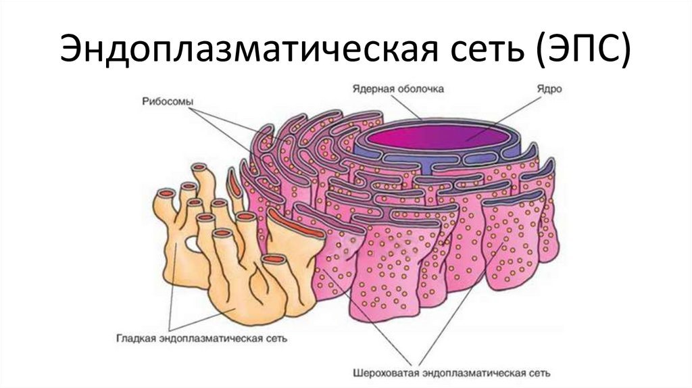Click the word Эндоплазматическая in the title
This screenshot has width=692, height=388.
(x=248, y=48)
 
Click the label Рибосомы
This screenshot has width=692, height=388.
(x=168, y=102)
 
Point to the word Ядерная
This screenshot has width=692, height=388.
(x=372, y=89)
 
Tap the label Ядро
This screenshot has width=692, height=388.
(x=549, y=89)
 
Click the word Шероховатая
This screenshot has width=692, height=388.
(x=386, y=373)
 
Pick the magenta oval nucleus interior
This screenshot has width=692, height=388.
(x=438, y=137)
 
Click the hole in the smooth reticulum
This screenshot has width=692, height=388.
(x=193, y=243)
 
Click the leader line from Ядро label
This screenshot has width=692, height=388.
(x=503, y=119)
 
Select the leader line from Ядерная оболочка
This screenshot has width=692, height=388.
(x=406, y=107)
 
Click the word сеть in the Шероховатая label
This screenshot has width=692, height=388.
(x=539, y=373)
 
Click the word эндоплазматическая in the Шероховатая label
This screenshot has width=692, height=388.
(x=474, y=373)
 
